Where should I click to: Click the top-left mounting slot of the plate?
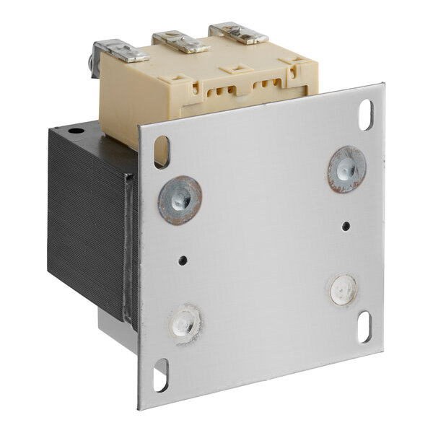point(161,152)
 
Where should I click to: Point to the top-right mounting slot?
point(366,114)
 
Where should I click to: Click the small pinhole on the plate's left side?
point(183,260)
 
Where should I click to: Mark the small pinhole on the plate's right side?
point(346,225)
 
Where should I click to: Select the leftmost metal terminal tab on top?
point(121,51)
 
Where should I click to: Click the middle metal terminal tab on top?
point(180,41)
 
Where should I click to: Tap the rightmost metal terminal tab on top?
point(238,33)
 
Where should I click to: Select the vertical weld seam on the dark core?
point(131,245)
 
